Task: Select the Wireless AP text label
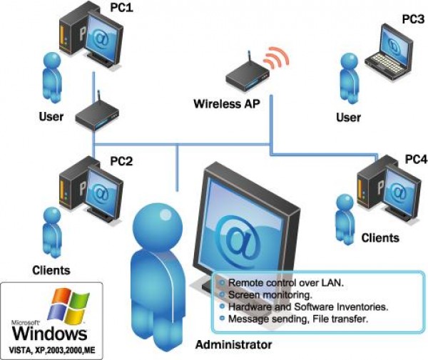[227, 103]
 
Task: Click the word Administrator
[233, 345]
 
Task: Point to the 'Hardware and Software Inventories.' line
[307, 306]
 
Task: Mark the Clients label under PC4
[380, 237]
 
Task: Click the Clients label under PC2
[51, 270]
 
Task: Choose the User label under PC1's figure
[51, 116]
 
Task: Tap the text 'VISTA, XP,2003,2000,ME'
[52, 350]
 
